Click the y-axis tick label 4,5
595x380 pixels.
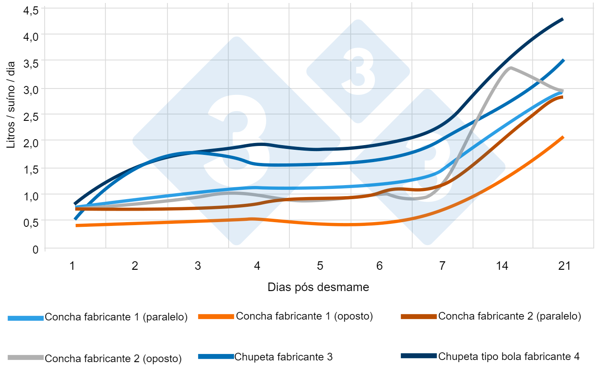click(x=31, y=10)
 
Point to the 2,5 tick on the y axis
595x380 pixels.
click(x=31, y=116)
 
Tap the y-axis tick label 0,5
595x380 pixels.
click(x=31, y=222)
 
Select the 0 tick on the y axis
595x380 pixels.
click(x=36, y=249)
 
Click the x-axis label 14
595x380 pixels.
click(x=502, y=266)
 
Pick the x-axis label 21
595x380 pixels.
click(x=564, y=266)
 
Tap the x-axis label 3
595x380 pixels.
click(x=198, y=266)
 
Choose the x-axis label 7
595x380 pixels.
click(x=442, y=266)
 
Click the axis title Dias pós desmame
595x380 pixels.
click(x=318, y=287)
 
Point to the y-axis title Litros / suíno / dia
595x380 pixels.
click(x=11, y=105)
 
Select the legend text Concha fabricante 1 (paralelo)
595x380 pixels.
click(x=116, y=317)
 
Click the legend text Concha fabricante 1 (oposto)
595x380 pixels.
click(x=304, y=316)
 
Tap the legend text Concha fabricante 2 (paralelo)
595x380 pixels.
click(x=510, y=316)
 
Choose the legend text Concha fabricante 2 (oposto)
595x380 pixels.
click(x=113, y=359)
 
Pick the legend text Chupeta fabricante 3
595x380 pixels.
click(x=283, y=357)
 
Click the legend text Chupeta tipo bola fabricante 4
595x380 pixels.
click(x=509, y=357)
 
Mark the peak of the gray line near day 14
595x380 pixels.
click(x=510, y=68)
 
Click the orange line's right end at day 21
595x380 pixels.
click(x=563, y=137)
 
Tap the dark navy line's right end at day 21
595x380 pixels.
click(x=562, y=19)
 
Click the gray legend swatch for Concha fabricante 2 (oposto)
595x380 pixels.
click(x=25, y=358)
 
